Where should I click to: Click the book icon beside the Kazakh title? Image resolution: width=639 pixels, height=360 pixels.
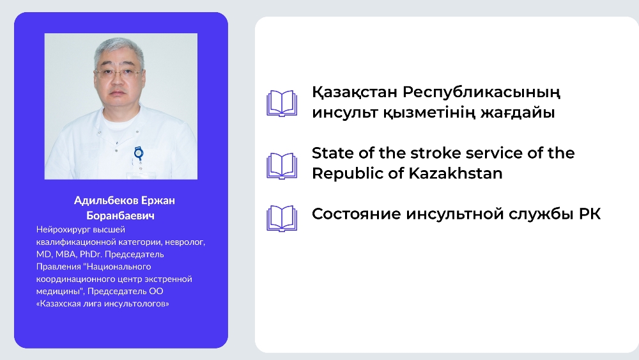(282, 104)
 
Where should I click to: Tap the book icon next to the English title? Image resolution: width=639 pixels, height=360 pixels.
(282, 166)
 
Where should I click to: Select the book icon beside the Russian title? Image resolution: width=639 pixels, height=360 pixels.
(282, 219)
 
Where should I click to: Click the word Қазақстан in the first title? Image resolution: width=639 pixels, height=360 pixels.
(355, 93)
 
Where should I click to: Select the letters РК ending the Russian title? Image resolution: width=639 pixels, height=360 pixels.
(590, 214)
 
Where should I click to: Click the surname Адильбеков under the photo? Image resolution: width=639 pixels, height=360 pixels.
(106, 201)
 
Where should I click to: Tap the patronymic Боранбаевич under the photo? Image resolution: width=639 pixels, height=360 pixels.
(120, 215)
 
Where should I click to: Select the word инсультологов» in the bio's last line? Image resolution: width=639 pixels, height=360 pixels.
(137, 304)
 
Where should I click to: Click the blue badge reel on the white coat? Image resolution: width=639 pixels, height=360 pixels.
(139, 153)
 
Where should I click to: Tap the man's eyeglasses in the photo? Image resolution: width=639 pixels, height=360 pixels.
(118, 74)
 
